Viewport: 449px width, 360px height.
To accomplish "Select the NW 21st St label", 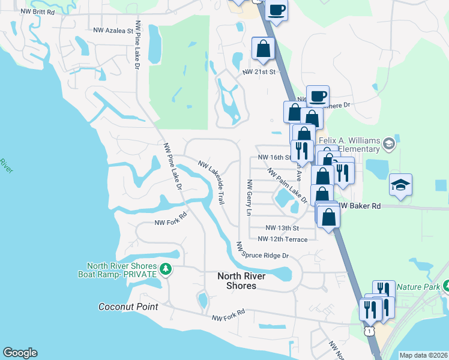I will pyautogui.click(x=258, y=72).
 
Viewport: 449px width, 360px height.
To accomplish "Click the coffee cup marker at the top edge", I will pyautogui.click(x=277, y=11).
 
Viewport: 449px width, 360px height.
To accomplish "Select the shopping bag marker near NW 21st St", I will pyautogui.click(x=264, y=49).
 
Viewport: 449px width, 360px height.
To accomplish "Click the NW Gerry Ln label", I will pyautogui.click(x=248, y=197).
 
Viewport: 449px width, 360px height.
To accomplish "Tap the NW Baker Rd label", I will pyautogui.click(x=361, y=206).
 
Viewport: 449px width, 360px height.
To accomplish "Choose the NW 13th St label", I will pyautogui.click(x=282, y=228).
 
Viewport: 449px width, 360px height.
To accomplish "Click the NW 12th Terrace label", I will pyautogui.click(x=282, y=239).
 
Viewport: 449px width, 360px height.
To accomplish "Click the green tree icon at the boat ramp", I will pyautogui.click(x=166, y=270).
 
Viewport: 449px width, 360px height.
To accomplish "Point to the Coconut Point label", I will pyautogui.click(x=128, y=307).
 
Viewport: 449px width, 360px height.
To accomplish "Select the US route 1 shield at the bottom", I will pyautogui.click(x=370, y=331).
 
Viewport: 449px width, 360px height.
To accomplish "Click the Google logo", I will pyautogui.click(x=20, y=353).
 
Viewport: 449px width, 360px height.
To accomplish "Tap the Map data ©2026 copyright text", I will pyautogui.click(x=423, y=355).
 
